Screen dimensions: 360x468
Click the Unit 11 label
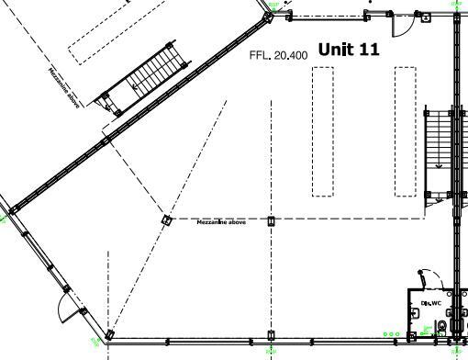click(x=349, y=50)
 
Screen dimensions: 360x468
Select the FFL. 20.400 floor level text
click(x=279, y=55)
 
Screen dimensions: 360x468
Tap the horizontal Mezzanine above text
click(x=221, y=223)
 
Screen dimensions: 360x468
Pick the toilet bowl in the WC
click(x=445, y=328)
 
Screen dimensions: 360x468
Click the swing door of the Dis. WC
click(x=425, y=278)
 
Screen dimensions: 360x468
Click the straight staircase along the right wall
click(x=440, y=152)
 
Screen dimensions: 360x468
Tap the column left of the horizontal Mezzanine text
click(x=166, y=220)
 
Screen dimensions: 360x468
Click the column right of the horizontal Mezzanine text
click(x=270, y=220)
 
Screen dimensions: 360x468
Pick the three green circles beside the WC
click(x=392, y=334)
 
